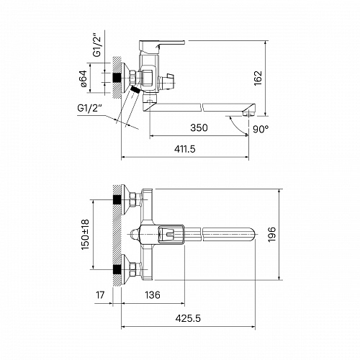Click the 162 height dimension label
258,78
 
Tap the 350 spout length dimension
199,127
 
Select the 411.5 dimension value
185,149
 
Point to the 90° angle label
261,130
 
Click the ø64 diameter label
84,78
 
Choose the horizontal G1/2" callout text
89,108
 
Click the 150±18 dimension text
85,234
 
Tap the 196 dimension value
272,235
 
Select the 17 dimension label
100,294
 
